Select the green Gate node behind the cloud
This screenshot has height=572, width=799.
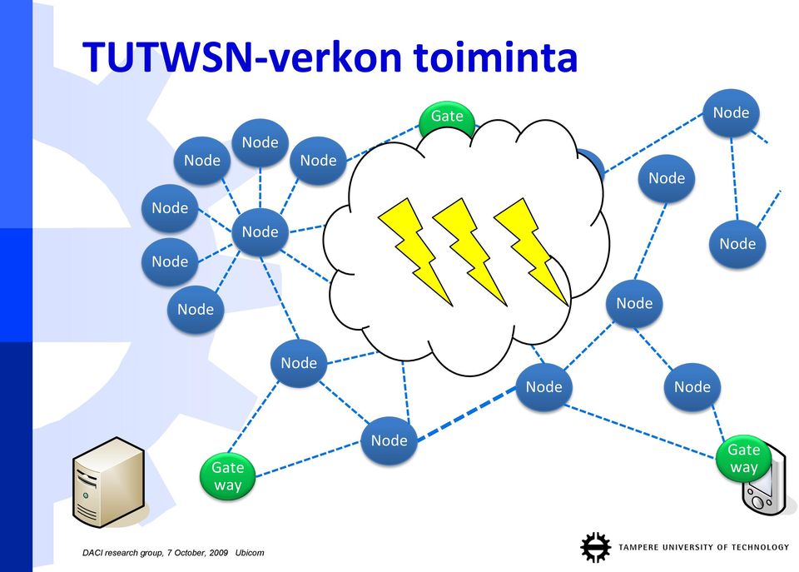[x=446, y=117]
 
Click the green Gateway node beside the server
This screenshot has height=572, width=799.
[x=228, y=475]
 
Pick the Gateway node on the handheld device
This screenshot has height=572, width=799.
[x=743, y=458]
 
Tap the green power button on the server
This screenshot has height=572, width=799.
[x=86, y=495]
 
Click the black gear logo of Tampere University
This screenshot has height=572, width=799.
[x=595, y=547]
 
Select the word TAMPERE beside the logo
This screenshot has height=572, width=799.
[x=638, y=547]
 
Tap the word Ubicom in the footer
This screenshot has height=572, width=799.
[x=250, y=553]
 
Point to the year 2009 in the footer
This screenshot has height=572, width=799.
[x=219, y=553]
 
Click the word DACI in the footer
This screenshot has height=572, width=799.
[x=92, y=553]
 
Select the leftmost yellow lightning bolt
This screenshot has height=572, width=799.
[x=416, y=251]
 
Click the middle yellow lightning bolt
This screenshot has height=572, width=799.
[x=469, y=251]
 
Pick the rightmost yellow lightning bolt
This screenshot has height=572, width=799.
[x=532, y=251]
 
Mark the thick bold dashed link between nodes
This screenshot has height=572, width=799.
[x=467, y=414]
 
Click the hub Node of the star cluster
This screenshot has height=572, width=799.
[x=260, y=232]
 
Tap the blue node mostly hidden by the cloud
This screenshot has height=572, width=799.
[x=593, y=164]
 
